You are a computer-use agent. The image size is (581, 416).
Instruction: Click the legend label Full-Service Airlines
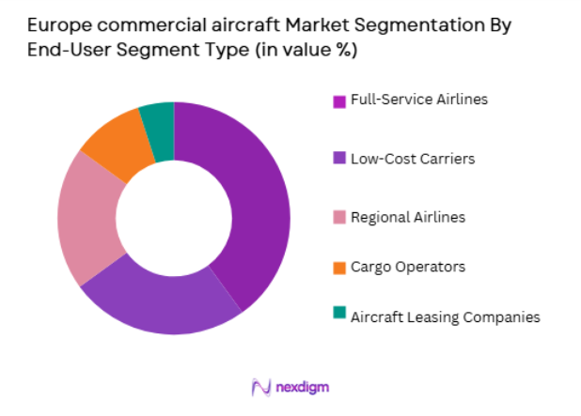418,99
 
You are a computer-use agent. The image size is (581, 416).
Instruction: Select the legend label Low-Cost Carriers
412,158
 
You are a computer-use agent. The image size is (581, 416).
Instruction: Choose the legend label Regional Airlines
407,217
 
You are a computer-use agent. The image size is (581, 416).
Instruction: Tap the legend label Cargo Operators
407,267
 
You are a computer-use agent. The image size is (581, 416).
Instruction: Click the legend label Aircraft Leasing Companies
445,316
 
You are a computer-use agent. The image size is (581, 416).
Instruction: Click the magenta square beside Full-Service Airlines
338,100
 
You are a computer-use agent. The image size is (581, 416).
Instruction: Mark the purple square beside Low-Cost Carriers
338,159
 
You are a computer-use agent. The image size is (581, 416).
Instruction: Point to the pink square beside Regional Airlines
338,218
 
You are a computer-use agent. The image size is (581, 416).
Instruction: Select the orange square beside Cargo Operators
338,268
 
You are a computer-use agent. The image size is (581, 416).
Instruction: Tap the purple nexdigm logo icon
261,387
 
